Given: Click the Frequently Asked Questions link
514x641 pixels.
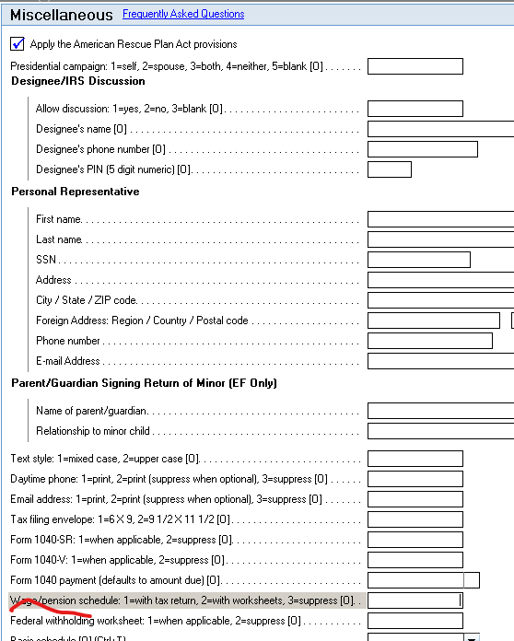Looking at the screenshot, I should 183,15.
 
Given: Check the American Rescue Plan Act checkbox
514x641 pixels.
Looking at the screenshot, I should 18,43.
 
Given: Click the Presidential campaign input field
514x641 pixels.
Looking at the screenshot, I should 415,66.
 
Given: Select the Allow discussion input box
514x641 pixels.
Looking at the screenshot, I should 415,109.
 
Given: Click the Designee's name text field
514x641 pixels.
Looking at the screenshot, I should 440,129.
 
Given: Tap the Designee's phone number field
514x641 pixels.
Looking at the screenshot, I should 422,149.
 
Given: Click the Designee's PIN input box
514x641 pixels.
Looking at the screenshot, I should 389,169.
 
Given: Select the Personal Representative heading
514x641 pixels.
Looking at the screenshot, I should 75,192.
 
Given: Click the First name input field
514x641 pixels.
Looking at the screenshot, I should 440,219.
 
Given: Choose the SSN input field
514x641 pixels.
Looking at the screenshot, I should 418,260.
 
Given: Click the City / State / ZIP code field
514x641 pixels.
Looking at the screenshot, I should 440,300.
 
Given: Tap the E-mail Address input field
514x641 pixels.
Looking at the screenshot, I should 440,361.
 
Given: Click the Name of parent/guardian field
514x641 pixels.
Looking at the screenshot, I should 440,411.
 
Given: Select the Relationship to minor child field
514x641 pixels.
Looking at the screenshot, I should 440,431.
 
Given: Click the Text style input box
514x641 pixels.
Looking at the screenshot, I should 415,459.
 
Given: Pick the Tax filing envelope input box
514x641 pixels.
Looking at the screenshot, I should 415,519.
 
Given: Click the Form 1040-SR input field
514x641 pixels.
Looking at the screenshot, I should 415,540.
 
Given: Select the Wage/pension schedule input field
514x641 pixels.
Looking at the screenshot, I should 415,600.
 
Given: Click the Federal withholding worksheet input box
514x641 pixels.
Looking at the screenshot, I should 415,621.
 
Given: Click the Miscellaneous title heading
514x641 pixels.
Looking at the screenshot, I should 61,16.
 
